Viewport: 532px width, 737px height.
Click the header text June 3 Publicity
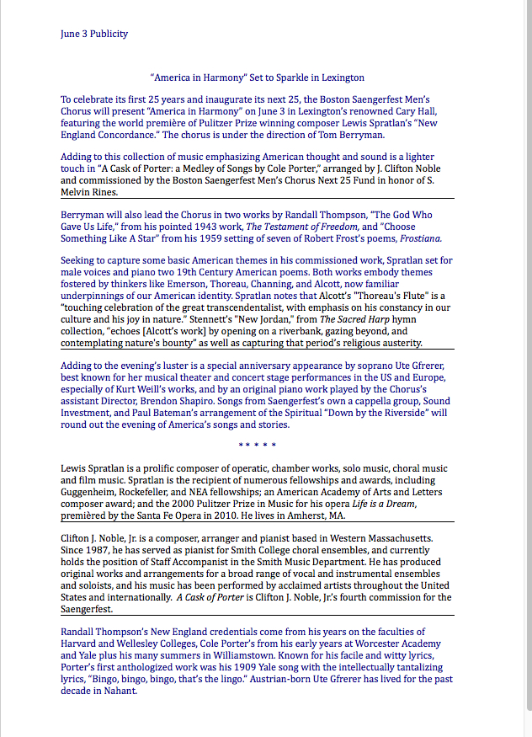click(94, 34)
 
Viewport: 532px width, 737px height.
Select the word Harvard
click(80, 644)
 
